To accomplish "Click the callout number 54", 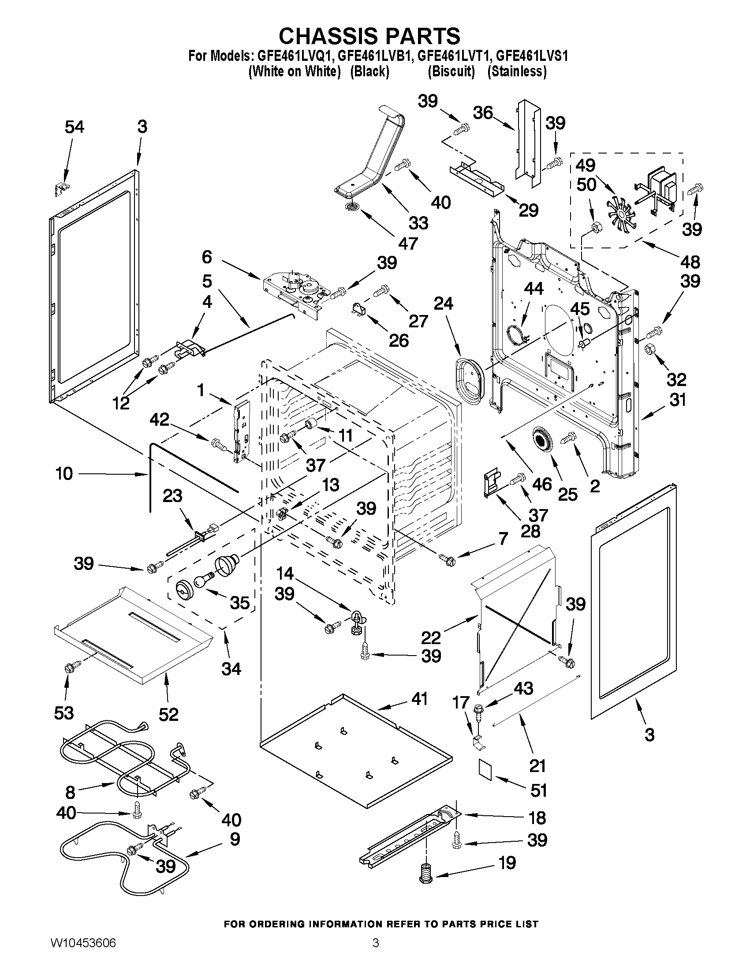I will [x=74, y=127].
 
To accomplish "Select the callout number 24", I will [x=444, y=304].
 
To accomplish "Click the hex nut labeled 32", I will [x=649, y=350].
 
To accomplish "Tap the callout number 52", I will [x=168, y=715].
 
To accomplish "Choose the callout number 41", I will [x=419, y=698].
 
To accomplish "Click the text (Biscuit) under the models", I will [x=451, y=71].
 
